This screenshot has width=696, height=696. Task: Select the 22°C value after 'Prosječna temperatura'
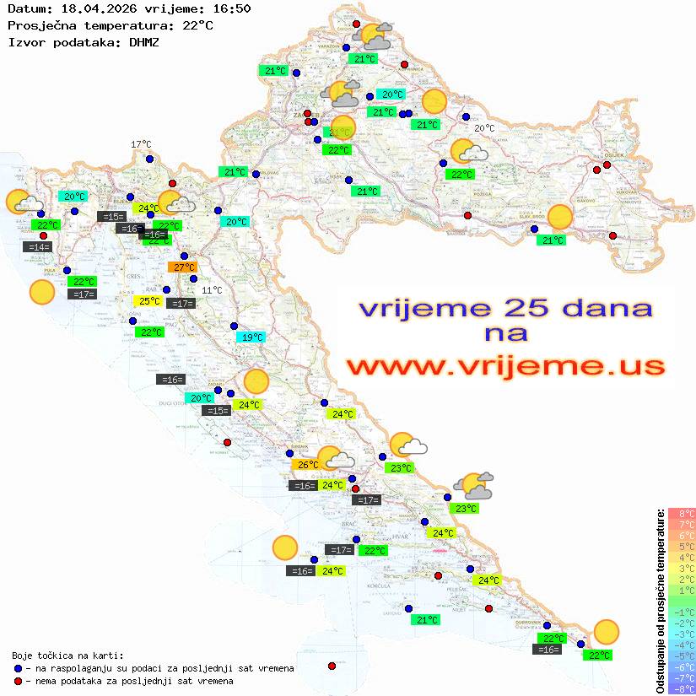(197, 25)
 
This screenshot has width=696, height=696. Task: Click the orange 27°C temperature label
(182, 267)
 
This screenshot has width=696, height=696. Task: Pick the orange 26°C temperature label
(306, 465)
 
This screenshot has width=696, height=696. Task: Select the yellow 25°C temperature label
(148, 301)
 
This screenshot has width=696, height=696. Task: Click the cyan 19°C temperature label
(251, 337)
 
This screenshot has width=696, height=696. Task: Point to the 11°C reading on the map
(212, 290)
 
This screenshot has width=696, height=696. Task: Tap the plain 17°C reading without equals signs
(141, 144)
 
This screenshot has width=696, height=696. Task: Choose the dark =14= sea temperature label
(38, 247)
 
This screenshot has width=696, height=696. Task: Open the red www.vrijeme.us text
(505, 367)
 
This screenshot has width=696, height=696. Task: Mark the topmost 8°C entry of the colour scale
(682, 514)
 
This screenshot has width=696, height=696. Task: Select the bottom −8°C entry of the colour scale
(682, 688)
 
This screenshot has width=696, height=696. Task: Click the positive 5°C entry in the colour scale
(682, 547)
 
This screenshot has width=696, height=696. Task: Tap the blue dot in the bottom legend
(18, 668)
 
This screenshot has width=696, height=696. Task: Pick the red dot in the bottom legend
(18, 681)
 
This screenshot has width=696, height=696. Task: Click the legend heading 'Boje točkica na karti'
(67, 656)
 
